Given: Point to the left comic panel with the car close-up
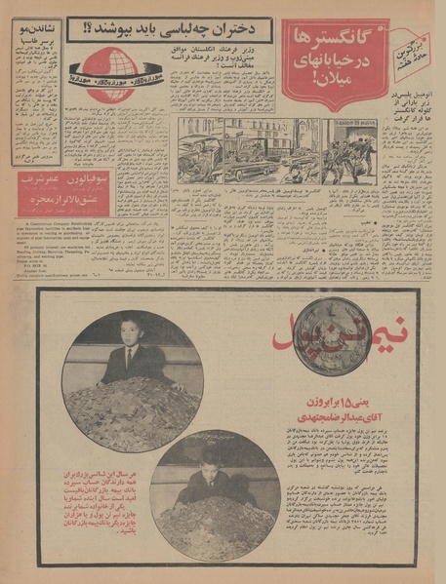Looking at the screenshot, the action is (x=201, y=148).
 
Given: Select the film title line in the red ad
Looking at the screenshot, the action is (x=75, y=201).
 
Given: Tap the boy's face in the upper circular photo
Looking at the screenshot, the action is (x=128, y=331).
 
